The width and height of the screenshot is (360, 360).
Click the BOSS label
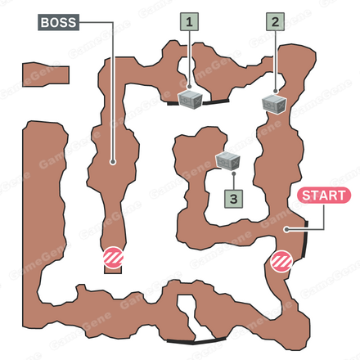click(58, 22)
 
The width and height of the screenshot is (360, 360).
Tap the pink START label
click(324, 196)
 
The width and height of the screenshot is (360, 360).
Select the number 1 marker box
click(189, 22)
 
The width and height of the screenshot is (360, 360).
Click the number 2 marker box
click(275, 21)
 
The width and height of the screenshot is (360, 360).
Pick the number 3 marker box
click(233, 199)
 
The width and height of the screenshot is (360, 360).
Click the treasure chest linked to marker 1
click(191, 100)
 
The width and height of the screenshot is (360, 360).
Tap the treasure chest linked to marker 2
click(274, 105)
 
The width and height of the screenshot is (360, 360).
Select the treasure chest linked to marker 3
click(228, 160)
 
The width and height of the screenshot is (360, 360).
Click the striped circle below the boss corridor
click(113, 258)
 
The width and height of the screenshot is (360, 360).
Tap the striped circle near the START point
click(281, 261)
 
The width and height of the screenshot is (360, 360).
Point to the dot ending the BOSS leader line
click(113, 162)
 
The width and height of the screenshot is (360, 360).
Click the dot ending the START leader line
click(286, 229)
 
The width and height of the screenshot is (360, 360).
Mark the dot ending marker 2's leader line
click(275, 91)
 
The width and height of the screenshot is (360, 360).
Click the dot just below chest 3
click(233, 173)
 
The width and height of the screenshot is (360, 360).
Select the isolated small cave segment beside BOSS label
click(46, 74)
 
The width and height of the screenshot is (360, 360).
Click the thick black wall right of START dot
click(305, 240)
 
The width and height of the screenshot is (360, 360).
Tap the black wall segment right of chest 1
click(215, 102)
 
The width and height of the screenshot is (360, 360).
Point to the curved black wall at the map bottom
click(196, 341)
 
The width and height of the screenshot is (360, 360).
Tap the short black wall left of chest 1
click(173, 103)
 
